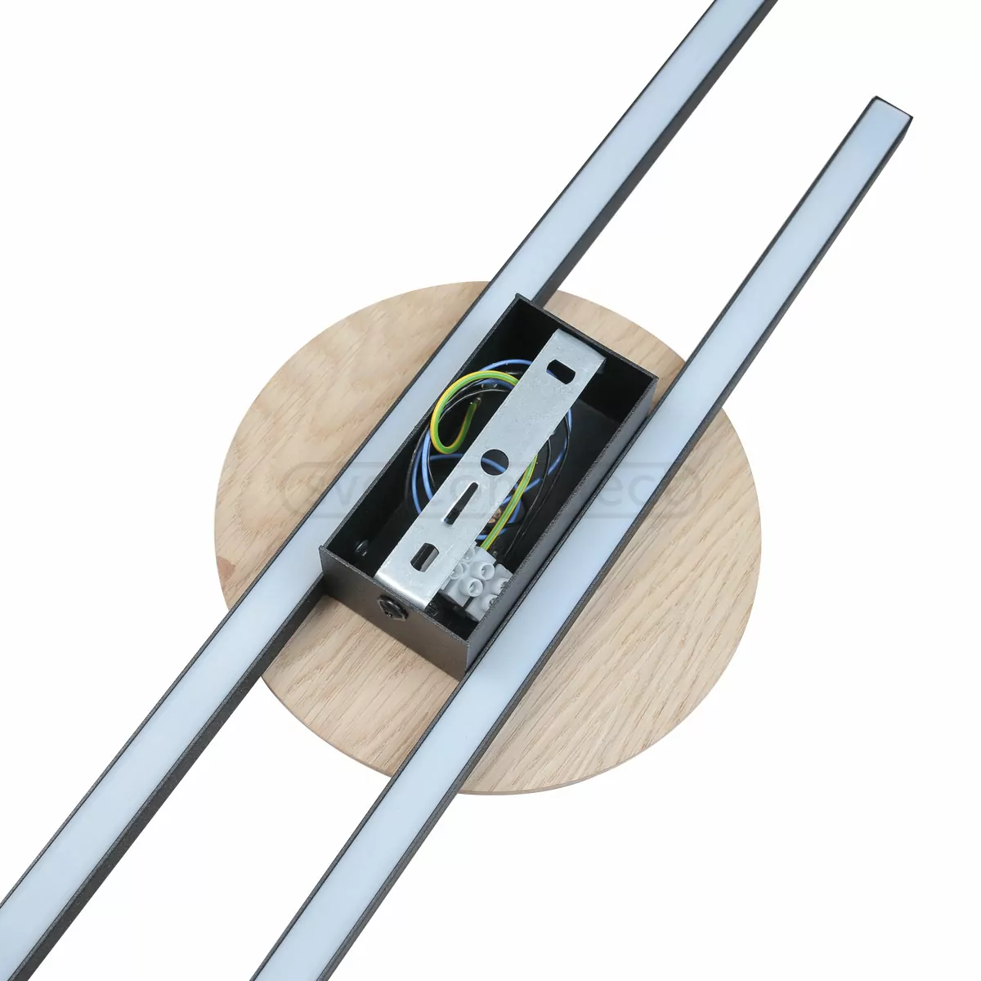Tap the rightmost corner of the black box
pos(656,378)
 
